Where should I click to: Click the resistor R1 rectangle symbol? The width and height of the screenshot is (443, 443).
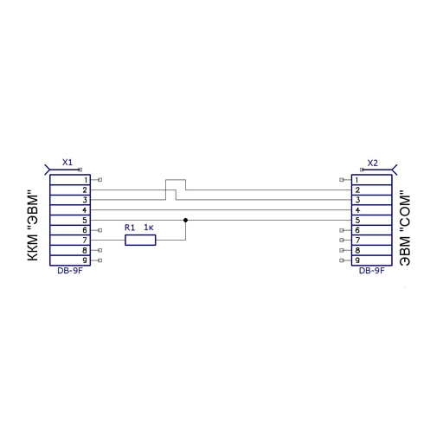pos(140,240)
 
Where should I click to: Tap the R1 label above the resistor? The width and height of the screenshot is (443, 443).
pos(130,228)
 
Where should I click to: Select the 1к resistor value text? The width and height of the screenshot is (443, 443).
pos(149,228)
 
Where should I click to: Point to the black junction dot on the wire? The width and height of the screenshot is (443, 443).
pos(185,220)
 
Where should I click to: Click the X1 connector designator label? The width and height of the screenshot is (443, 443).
pos(67,163)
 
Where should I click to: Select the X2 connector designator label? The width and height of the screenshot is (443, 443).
pos(372,164)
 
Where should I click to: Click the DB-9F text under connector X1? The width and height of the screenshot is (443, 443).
pos(70,271)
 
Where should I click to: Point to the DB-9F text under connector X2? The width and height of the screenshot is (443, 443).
pos(372,271)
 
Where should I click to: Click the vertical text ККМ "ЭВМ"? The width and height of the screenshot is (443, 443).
pos(33,226)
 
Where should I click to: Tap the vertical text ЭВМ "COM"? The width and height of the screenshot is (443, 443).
pos(404,228)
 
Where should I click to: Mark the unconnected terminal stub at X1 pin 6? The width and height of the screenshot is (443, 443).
pos(97,230)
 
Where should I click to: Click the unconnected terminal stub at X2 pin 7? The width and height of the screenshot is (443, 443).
pos(345,240)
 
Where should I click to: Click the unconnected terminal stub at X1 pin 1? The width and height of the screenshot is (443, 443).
pos(97,180)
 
